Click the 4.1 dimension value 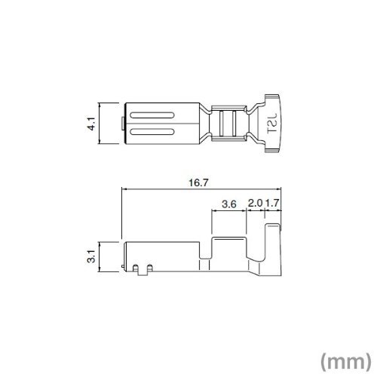point(92,123)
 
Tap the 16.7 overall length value point(198,182)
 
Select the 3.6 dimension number point(229,204)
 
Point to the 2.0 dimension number point(255,203)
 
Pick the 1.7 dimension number point(272,203)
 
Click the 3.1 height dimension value point(92,256)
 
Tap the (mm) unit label point(345,361)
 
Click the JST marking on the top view point(272,123)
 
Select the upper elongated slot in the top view point(152,115)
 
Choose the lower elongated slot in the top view point(152,132)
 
